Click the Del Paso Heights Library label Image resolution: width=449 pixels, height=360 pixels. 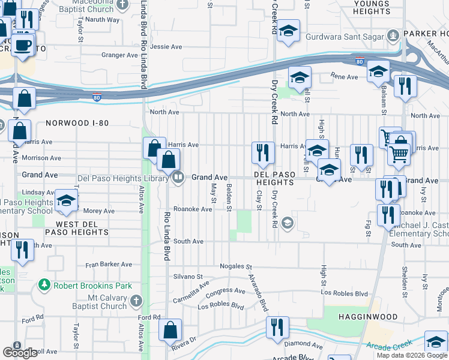(124, 178)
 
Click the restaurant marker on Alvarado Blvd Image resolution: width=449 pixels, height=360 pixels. (277, 328)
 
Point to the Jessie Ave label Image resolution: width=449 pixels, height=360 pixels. (166, 46)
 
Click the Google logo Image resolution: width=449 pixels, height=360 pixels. (19, 353)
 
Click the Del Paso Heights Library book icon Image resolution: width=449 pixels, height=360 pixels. (178, 178)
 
